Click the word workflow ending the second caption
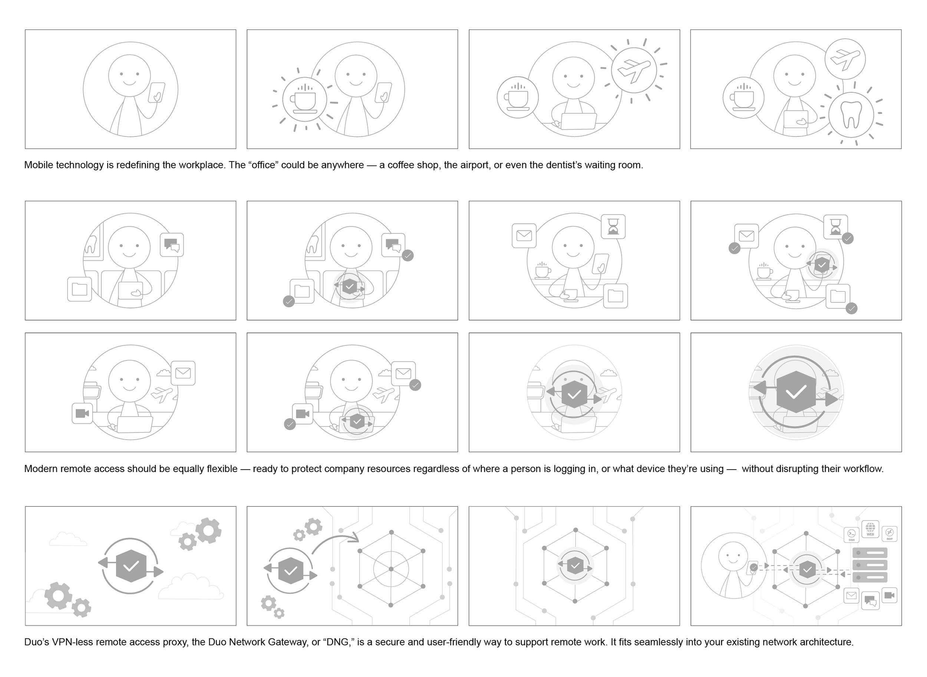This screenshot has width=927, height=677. (864, 469)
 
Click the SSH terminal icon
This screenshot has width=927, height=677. (852, 534)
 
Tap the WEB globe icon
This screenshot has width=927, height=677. (870, 529)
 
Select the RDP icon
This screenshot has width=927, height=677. (889, 533)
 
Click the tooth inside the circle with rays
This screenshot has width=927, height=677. (851, 114)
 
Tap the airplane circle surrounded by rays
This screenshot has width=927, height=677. (633, 70)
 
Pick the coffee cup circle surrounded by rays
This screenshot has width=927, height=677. (304, 99)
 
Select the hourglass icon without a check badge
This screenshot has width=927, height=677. (613, 226)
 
